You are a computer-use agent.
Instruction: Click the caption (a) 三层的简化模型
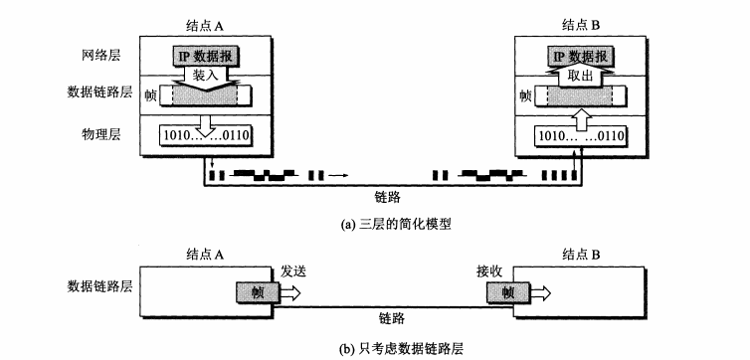(x=396, y=225)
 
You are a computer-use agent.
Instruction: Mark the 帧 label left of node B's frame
(x=525, y=97)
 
